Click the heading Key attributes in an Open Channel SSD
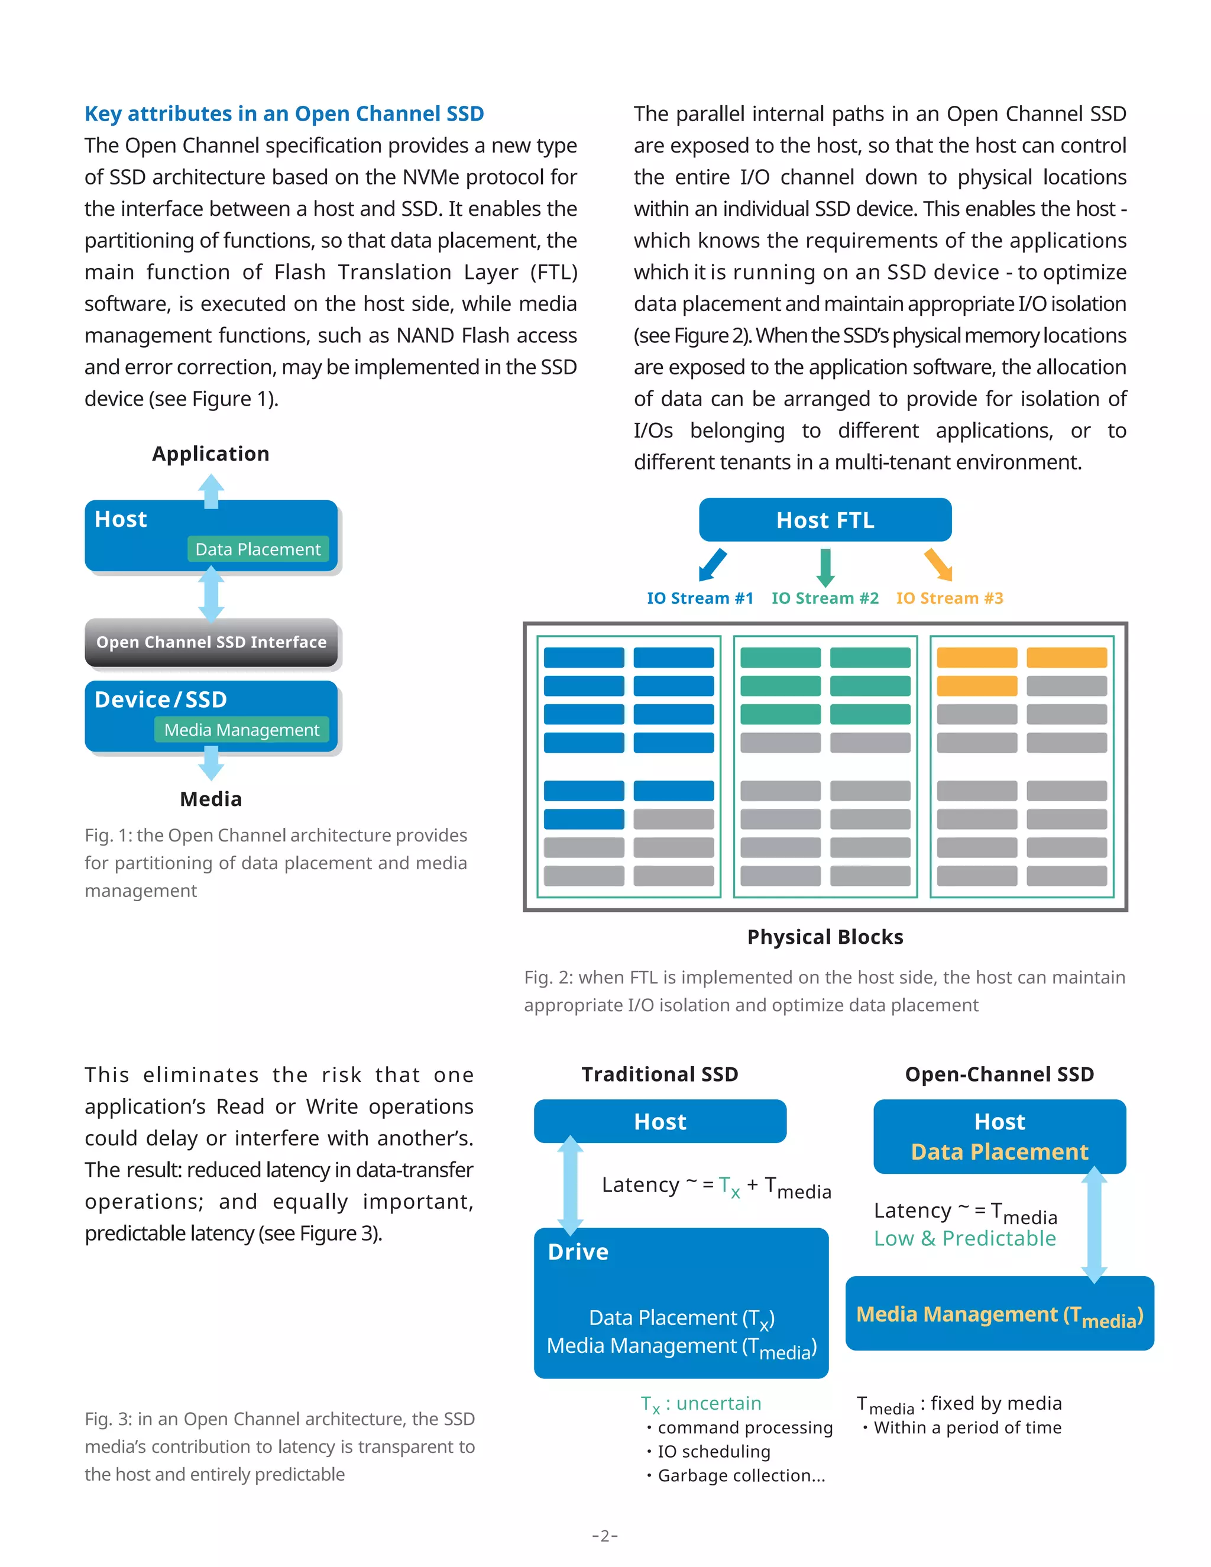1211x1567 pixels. tap(284, 114)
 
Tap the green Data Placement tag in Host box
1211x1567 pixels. tap(258, 549)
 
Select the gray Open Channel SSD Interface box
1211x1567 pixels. tap(211, 642)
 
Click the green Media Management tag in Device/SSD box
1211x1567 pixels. tap(241, 730)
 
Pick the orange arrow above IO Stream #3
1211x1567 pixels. tap(938, 565)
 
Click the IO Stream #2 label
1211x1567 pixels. tap(824, 598)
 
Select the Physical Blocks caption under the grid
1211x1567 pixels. tap(825, 937)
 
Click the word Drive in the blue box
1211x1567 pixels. tap(578, 1252)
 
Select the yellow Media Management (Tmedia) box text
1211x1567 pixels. tap(999, 1315)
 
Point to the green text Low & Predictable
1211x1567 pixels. tap(964, 1238)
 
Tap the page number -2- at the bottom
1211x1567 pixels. tap(605, 1536)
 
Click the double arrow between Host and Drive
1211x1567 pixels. tap(571, 1184)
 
